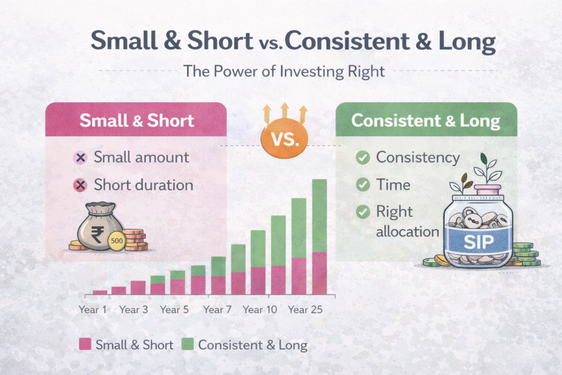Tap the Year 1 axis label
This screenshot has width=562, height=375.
tap(93, 310)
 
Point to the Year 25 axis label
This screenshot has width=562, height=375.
tap(305, 310)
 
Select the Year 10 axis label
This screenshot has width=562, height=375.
tap(260, 310)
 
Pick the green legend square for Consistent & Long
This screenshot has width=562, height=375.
tap(187, 345)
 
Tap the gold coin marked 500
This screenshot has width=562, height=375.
tap(116, 240)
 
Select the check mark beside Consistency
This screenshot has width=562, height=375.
tap(362, 158)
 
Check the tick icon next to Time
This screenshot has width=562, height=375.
tap(362, 184)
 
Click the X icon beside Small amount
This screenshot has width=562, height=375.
tap(80, 158)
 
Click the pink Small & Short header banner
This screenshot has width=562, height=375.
tap(136, 120)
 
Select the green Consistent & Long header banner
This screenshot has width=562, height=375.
tap(426, 120)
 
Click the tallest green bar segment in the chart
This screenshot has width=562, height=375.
tap(319, 215)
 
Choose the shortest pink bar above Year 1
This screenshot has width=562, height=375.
tap(100, 292)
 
